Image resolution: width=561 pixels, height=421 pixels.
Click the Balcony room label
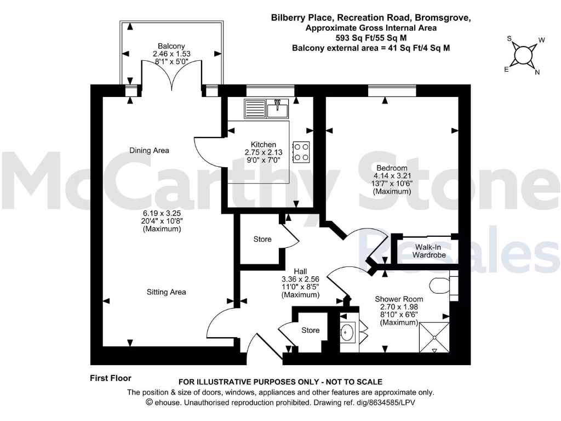171,46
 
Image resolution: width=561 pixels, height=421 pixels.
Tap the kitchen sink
267,108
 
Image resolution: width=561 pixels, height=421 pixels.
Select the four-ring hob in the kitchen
301,152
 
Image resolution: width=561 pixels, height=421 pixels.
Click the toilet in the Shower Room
440,285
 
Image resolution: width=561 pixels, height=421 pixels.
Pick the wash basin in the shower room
347,332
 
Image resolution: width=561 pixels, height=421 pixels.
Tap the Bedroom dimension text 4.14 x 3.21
392,176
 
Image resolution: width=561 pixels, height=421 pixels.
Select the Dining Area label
149,150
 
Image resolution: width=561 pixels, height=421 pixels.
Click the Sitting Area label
166,292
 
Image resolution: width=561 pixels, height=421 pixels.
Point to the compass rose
523,55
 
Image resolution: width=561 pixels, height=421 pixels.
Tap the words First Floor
111,378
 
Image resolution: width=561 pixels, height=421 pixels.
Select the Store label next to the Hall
262,239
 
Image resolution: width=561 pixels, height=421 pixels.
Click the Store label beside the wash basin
311,330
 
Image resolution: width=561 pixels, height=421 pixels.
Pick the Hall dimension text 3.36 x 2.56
300,279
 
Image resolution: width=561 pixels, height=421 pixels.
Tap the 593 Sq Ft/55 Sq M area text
371,38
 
